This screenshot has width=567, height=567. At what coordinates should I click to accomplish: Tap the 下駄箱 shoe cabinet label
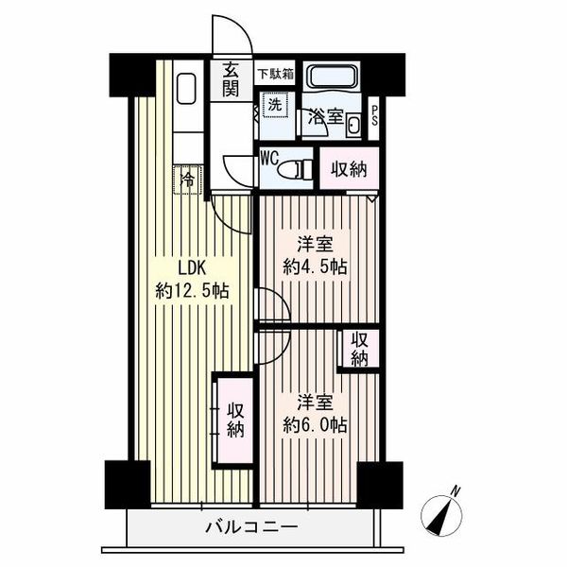[276, 74]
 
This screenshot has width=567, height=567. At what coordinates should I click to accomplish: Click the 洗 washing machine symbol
[276, 105]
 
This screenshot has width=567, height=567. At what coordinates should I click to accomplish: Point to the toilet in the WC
[295, 169]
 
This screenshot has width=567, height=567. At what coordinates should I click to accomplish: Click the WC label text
[269, 159]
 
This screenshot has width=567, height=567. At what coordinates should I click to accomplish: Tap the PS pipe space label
[374, 116]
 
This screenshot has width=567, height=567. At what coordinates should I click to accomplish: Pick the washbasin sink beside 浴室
[353, 126]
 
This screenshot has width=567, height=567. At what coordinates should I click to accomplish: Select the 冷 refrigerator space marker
[187, 180]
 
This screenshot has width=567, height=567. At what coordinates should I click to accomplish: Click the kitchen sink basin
[186, 89]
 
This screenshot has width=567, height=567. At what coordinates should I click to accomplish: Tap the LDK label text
[192, 268]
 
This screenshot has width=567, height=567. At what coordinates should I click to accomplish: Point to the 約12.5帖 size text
[193, 290]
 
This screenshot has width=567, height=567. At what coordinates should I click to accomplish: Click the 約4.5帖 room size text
[316, 267]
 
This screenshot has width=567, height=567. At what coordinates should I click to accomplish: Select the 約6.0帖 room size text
[316, 425]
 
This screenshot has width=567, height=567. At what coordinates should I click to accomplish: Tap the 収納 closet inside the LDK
[235, 421]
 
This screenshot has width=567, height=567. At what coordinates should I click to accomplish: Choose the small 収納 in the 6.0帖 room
[360, 350]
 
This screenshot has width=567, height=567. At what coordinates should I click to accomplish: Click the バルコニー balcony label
[251, 526]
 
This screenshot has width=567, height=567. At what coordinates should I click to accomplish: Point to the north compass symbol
[442, 514]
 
